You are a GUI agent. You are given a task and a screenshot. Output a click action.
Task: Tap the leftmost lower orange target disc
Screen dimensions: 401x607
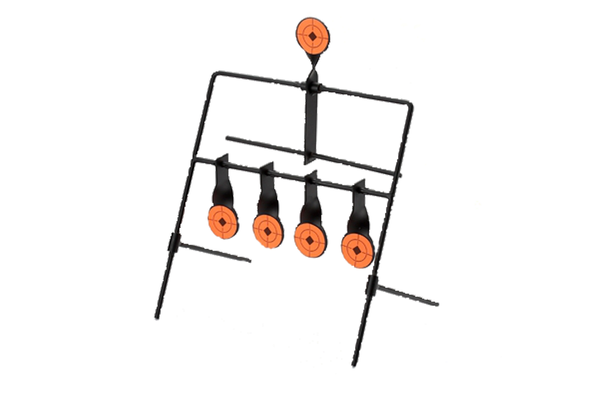pyautogui.click(x=222, y=221)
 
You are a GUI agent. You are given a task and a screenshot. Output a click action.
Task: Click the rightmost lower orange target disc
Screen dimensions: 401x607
pyautogui.click(x=357, y=248)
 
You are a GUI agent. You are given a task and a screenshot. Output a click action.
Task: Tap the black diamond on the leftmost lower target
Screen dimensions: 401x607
pyautogui.click(x=222, y=221)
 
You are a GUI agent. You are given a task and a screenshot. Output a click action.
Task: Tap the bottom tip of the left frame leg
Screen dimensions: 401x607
pyautogui.click(x=156, y=318)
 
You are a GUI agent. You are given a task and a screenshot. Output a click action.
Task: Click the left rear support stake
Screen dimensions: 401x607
pyautogui.click(x=215, y=253)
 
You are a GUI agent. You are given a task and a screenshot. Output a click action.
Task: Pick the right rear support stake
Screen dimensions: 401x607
pyautogui.click(x=407, y=296)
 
